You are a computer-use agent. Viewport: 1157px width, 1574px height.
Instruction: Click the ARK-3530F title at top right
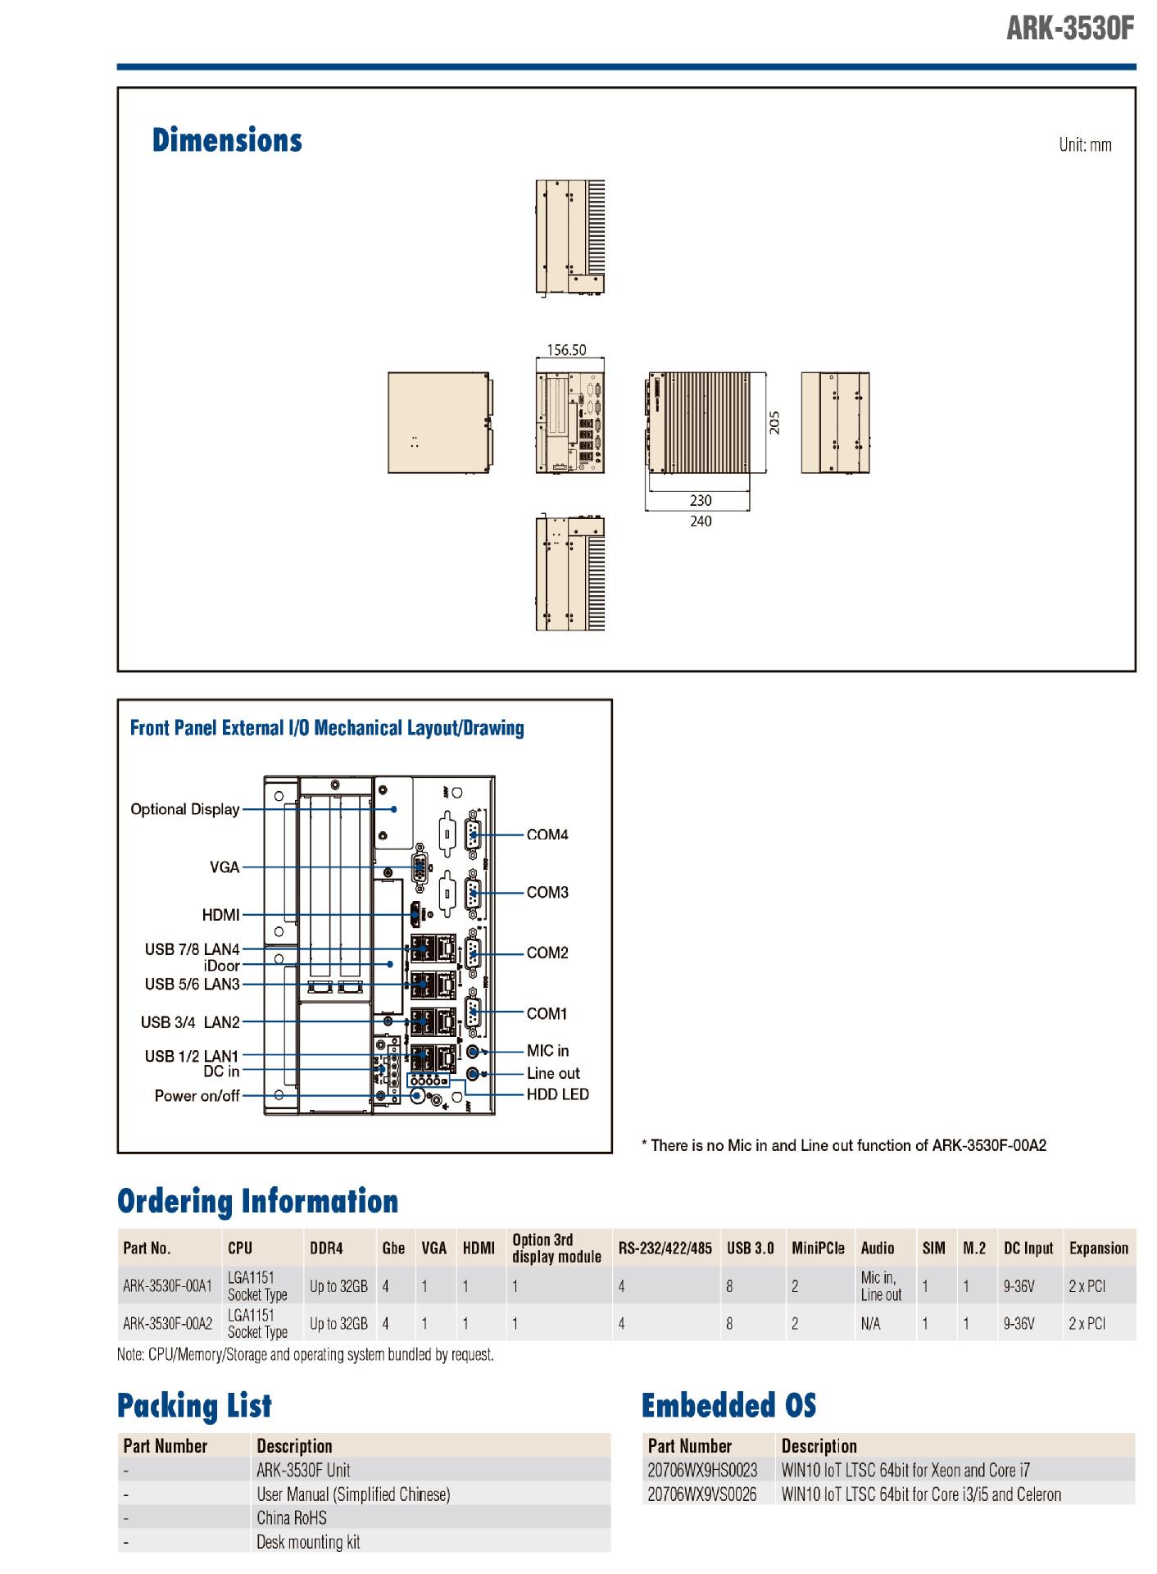coord(1069,29)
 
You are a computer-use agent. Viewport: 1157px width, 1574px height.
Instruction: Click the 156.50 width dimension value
coord(566,350)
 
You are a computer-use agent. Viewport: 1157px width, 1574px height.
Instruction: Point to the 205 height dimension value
coord(774,422)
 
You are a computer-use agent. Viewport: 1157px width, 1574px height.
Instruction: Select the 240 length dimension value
coord(701,521)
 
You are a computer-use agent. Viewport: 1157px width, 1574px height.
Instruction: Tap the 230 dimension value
coord(701,500)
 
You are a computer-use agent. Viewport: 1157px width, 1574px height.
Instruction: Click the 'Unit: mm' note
coord(1085,145)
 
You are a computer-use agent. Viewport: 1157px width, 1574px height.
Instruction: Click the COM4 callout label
coord(547,835)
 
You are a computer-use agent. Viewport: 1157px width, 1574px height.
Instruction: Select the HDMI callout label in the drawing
coord(221,915)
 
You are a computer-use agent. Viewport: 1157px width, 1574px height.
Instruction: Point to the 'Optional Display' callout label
coord(185,809)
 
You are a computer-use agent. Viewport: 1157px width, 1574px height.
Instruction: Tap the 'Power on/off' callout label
coord(197,1096)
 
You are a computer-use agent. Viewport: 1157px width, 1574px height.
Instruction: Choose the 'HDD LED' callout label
coord(557,1094)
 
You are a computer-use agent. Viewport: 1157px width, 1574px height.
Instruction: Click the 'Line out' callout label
coord(553,1073)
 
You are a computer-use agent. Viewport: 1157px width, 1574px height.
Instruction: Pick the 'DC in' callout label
coord(221,1071)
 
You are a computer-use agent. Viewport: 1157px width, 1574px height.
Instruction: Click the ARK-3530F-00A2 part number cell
coord(168,1323)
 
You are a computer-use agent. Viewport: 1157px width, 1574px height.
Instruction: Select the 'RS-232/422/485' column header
coord(665,1249)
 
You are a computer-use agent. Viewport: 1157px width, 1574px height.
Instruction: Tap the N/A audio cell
coord(870,1323)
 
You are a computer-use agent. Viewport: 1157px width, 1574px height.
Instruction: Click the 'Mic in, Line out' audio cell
coord(880,1286)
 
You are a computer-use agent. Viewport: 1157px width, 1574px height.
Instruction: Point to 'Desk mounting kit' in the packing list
coord(308,1542)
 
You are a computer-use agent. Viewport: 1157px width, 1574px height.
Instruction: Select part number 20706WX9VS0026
coord(702,1494)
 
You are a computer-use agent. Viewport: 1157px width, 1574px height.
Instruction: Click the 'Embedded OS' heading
coord(728,1405)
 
